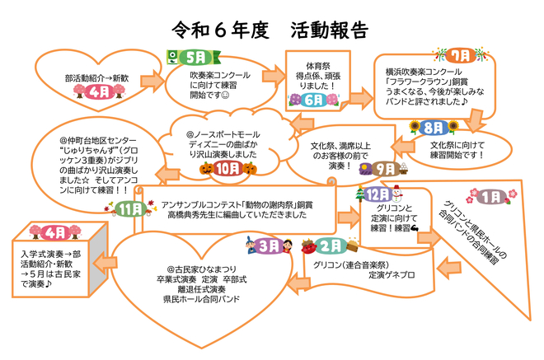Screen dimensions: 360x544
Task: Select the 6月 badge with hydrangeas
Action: point(314,100)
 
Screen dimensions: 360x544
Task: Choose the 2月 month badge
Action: point(331,245)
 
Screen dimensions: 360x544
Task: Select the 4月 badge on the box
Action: point(53,232)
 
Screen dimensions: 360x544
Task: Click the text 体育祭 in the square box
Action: point(319,63)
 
